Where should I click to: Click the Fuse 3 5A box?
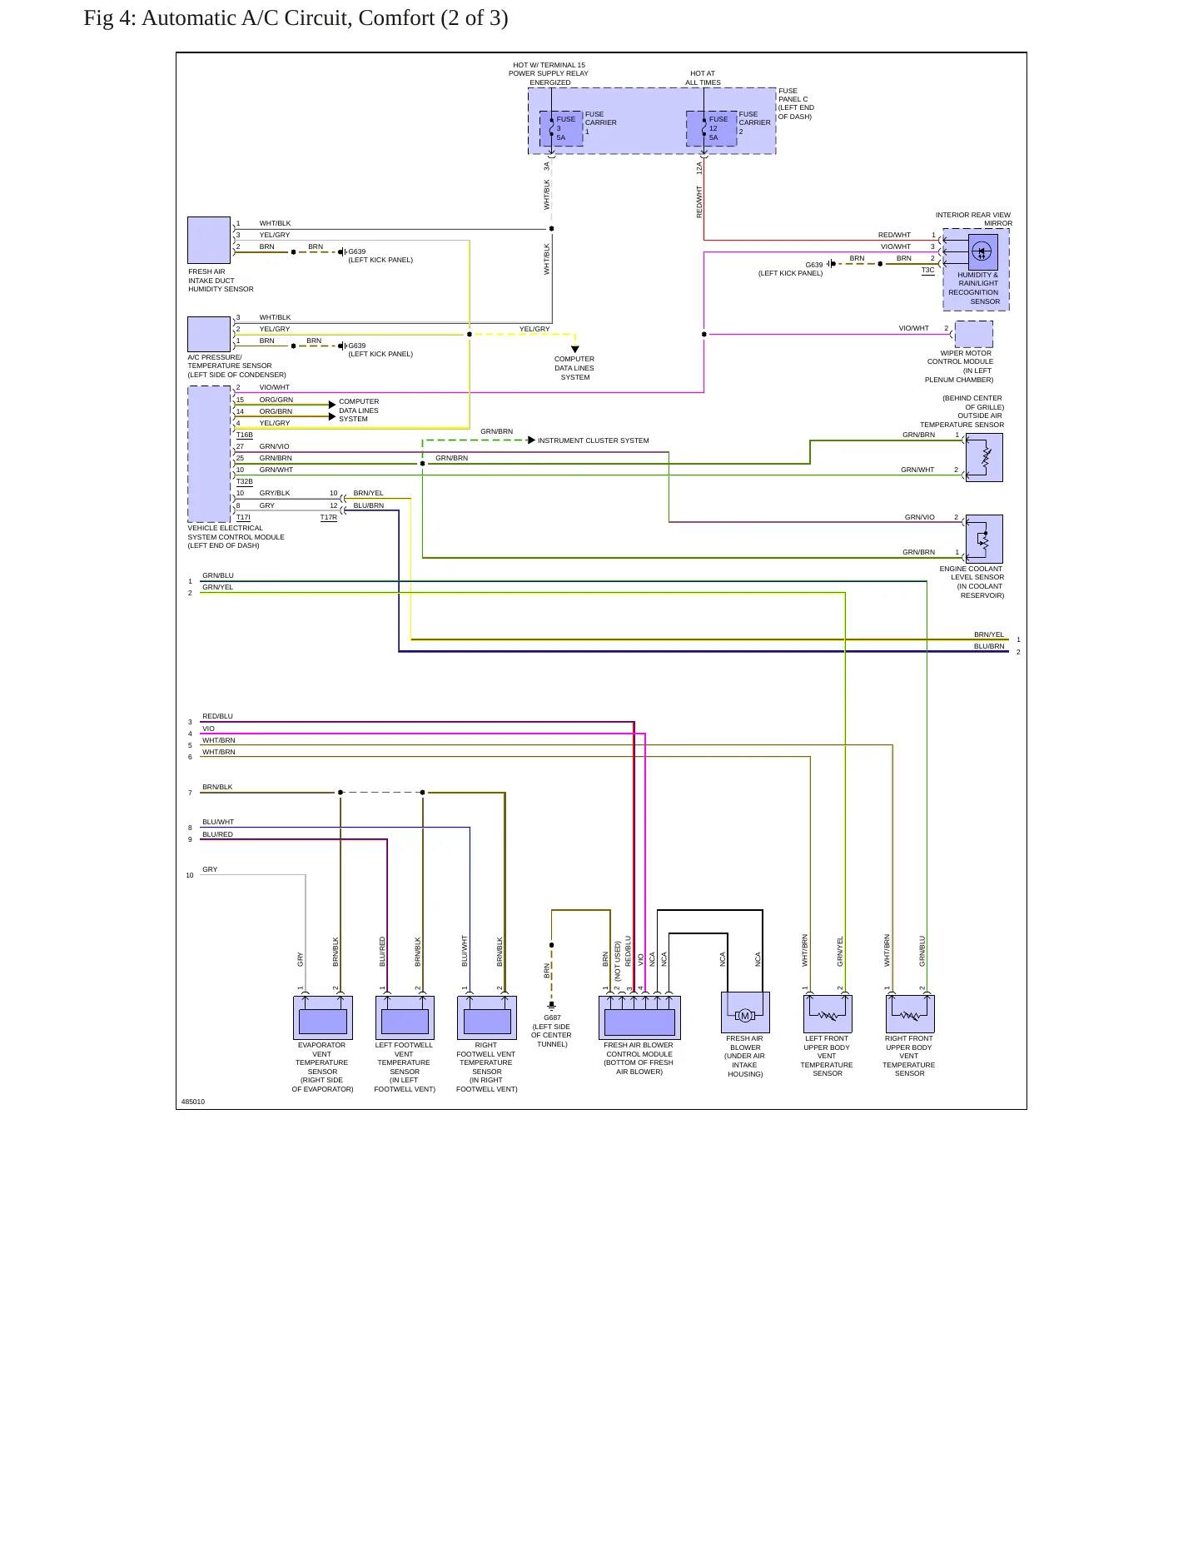coord(561,128)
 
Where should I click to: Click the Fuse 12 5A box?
coord(712,128)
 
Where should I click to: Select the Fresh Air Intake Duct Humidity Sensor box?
coord(209,240)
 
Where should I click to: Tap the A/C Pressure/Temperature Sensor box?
coord(209,334)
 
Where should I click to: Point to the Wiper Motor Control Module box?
coord(973,334)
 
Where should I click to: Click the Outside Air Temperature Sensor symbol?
coord(984,457)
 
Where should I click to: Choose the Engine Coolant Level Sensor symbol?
coord(984,539)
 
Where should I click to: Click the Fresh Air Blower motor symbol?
coord(745,1012)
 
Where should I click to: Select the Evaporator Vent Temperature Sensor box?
coord(323,1017)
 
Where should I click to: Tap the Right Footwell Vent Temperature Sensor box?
coord(487,1017)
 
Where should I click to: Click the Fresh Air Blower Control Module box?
coord(639,1017)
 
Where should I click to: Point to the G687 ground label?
coord(552,1017)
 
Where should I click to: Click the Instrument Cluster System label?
coord(594,440)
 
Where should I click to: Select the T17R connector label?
coord(329,518)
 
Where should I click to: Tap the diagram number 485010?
coord(193,1102)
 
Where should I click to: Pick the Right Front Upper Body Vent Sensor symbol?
coord(910,1014)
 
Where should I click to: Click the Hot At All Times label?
coord(703,78)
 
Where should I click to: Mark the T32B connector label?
coord(245,482)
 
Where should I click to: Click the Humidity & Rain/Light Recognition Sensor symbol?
coord(983,251)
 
